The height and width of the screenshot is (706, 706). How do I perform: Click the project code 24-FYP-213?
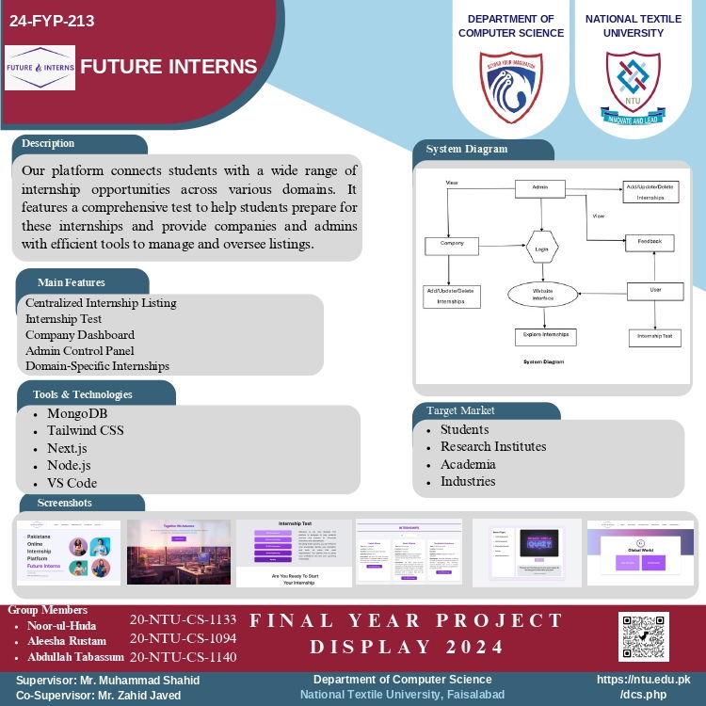coord(52,21)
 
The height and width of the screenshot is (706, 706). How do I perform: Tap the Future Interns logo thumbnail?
coord(40,68)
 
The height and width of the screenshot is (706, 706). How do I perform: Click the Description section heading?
coord(48,144)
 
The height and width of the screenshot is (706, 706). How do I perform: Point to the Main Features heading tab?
coord(72,282)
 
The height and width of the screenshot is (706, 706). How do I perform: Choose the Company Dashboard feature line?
coord(80,335)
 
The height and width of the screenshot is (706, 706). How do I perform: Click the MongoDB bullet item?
coord(78,413)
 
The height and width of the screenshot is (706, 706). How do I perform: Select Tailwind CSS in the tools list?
coord(86,430)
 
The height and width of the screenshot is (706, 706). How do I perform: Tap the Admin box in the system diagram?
coord(539,187)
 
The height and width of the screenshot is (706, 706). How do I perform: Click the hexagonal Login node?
coord(541,249)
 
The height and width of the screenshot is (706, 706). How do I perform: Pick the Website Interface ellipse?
coord(542,294)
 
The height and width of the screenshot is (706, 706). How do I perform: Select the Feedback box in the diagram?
coord(650,243)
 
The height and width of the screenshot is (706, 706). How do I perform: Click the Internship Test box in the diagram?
coord(654,336)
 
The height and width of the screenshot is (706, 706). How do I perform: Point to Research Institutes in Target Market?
coord(493,446)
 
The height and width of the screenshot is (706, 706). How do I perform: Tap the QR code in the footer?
coord(644,636)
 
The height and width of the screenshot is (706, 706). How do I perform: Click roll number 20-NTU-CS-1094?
coord(183,638)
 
